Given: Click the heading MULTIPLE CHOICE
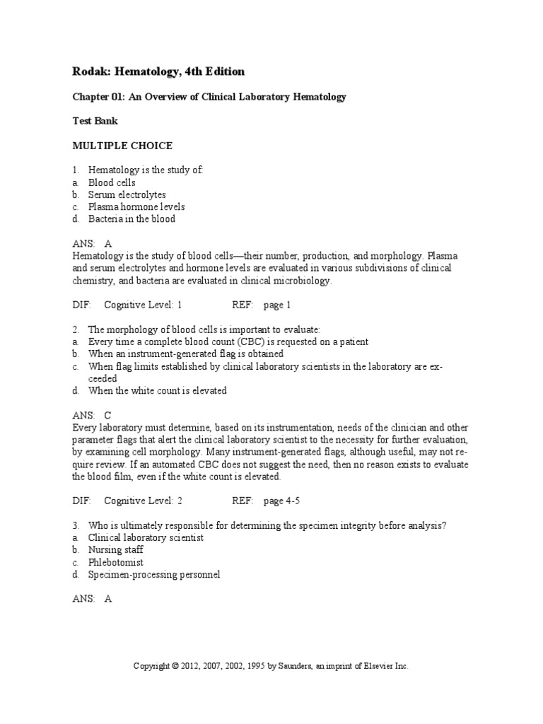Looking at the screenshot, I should point(122,146).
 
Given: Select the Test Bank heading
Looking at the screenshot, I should point(95,121).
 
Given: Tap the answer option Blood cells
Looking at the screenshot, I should point(112,182).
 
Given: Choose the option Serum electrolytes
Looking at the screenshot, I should point(127,194).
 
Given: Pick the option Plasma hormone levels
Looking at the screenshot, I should point(136,206).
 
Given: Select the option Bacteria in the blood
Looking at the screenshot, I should point(132,218).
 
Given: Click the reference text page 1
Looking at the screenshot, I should point(277,305).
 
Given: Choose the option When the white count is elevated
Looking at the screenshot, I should point(157,390).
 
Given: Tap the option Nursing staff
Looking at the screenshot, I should point(116,549).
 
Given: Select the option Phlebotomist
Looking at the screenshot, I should point(116,562).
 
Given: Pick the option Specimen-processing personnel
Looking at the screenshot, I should point(154,574).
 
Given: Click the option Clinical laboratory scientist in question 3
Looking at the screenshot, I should point(146,537).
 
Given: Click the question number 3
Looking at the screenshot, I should point(75,525).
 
